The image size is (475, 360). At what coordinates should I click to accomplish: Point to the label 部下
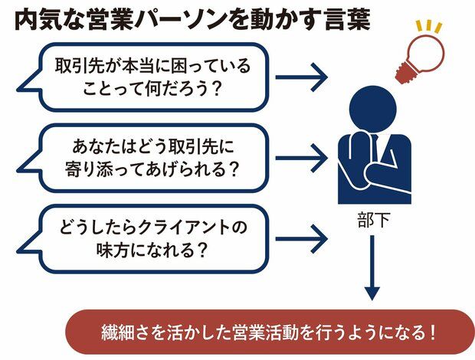coord(372,218)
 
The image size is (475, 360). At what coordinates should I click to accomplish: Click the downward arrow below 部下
coord(372,268)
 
